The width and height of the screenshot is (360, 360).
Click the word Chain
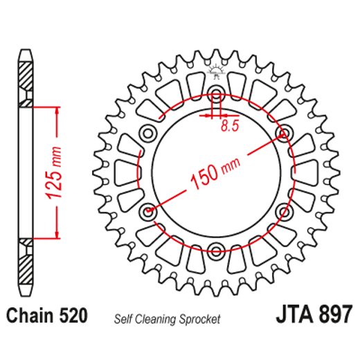pos(30,317)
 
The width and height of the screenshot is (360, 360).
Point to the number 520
pos(72,317)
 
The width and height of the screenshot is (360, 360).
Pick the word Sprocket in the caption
pos(201,319)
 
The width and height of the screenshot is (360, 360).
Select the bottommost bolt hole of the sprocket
pos(216,249)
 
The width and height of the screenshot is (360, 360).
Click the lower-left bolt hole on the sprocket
pos(149,210)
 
